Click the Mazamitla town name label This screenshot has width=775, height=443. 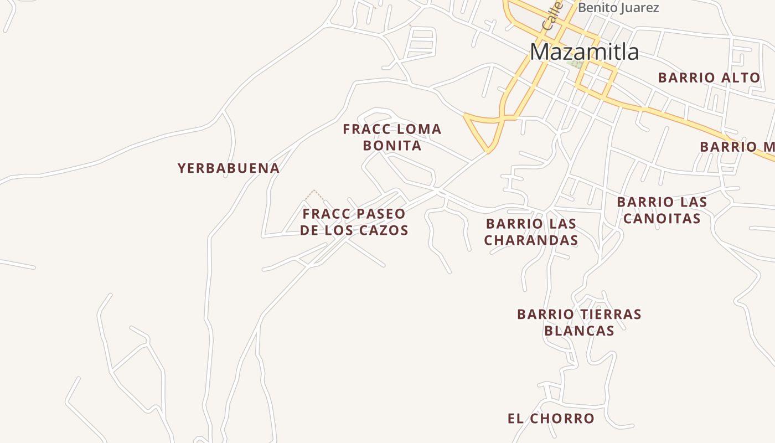tap(584, 52)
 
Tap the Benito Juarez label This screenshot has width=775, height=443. tap(618, 8)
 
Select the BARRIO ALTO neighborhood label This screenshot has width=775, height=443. tap(709, 78)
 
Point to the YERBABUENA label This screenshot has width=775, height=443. tap(228, 168)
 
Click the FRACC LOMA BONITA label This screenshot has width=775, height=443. tap(392, 137)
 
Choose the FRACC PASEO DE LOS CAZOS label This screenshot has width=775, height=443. tap(354, 222)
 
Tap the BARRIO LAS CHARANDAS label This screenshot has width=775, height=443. tap(531, 232)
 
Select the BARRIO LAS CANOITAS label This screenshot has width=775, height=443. tap(662, 210)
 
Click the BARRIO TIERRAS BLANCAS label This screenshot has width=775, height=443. tap(579, 322)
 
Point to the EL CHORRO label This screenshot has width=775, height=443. tap(550, 419)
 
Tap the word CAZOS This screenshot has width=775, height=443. tap(385, 230)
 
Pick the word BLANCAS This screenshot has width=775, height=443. tap(579, 331)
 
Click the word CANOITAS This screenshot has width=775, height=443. tap(662, 218)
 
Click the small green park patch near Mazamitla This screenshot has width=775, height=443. tap(574, 64)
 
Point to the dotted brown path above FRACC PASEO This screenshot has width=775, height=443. tap(314, 194)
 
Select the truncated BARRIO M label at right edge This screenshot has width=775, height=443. tap(737, 147)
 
